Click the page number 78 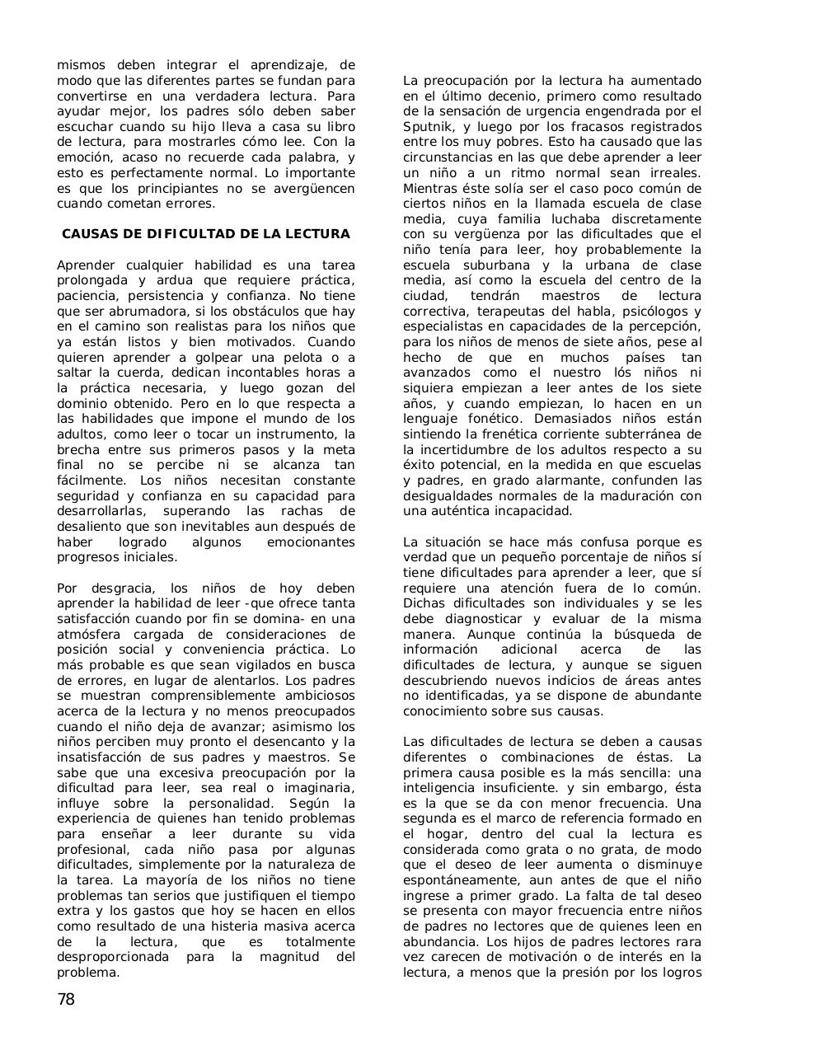click(x=66, y=1000)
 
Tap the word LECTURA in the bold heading click(x=317, y=234)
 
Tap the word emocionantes click(x=311, y=542)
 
